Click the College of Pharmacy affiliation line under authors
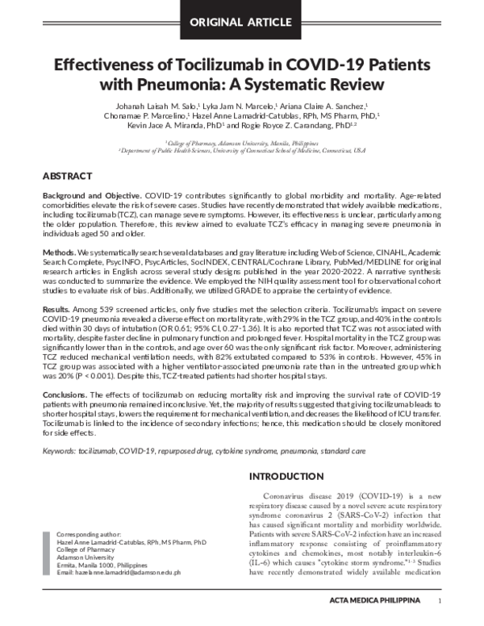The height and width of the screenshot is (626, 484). [241, 142]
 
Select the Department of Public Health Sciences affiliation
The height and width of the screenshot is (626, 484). [241, 150]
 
